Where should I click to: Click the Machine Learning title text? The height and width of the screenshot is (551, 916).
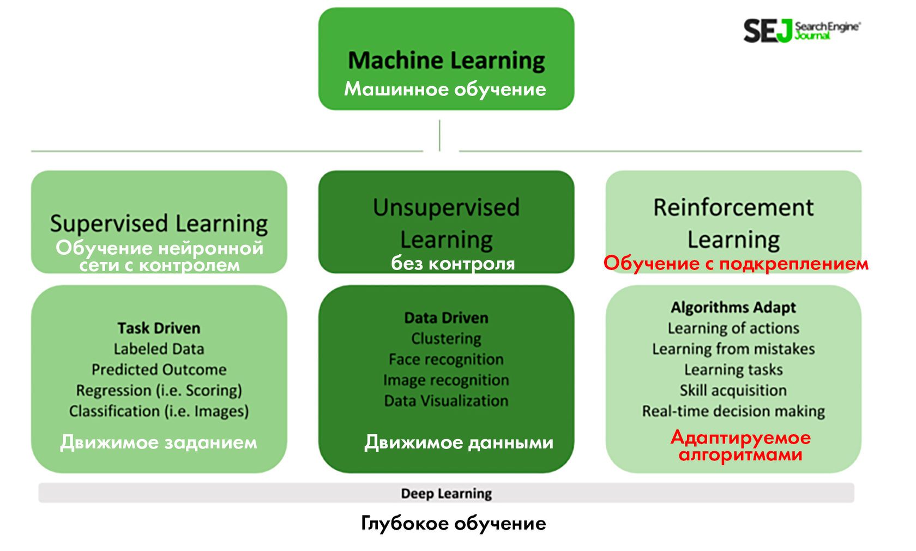[446, 61]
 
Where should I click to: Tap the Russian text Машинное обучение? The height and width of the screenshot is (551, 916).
[445, 89]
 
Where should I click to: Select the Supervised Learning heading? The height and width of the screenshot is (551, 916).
[159, 224]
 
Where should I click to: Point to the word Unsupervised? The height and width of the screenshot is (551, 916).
[446, 208]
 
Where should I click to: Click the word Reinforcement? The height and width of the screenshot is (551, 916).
[733, 208]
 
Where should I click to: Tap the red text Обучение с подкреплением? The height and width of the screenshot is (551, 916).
[736, 263]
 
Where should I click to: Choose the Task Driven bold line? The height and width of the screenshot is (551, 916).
[159, 328]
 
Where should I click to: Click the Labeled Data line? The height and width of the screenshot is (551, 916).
[159, 349]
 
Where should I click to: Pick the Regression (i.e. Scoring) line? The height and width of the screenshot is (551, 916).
[159, 391]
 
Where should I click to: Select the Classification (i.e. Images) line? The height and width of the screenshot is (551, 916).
[159, 411]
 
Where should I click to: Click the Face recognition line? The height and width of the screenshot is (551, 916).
[446, 360]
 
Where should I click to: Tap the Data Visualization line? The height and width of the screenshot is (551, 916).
[446, 401]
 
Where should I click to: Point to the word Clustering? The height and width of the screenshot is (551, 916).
[446, 339]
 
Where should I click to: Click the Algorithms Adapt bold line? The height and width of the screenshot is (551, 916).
[733, 308]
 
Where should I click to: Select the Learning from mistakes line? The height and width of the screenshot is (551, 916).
[733, 349]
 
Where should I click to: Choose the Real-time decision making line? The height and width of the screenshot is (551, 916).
[733, 411]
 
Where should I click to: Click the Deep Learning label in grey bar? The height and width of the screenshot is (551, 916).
[446, 494]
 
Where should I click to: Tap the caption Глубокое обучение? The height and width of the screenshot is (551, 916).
[453, 524]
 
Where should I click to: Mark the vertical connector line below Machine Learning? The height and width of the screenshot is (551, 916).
[439, 135]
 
